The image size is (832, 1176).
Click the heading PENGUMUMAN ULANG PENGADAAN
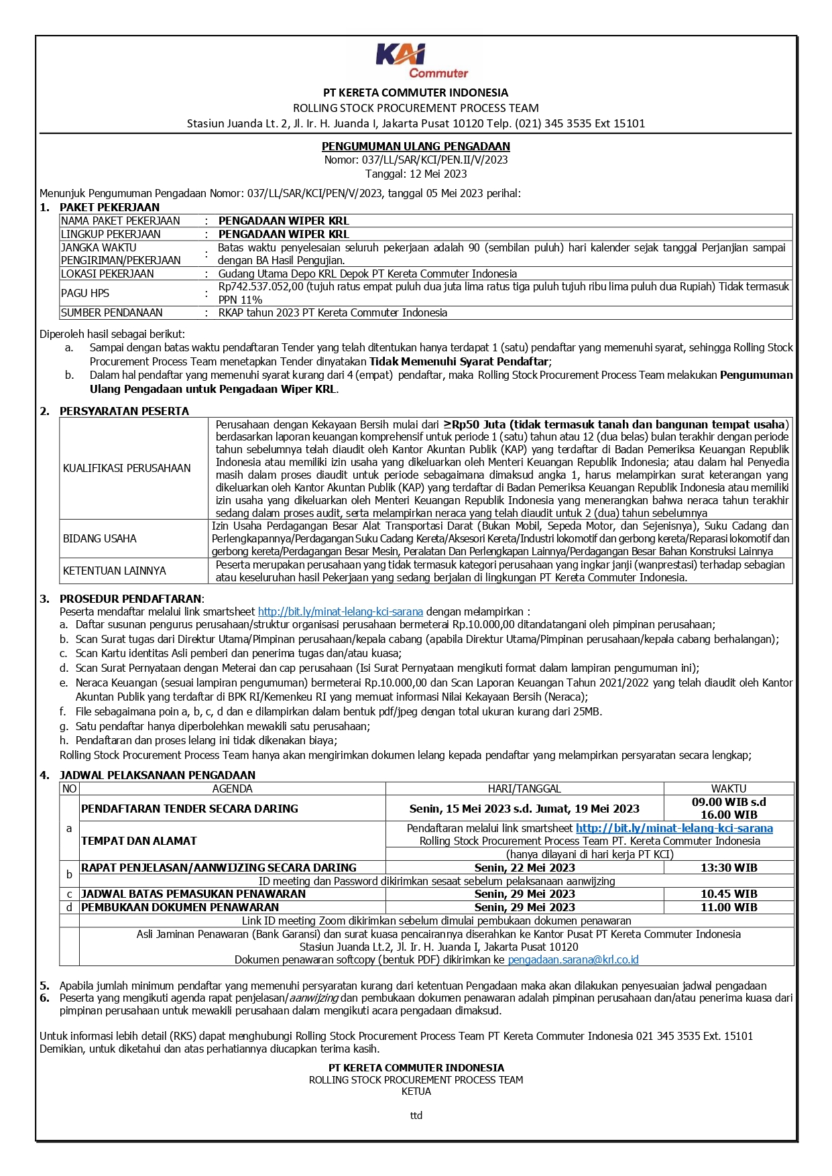coord(416,146)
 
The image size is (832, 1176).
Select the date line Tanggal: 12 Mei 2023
coord(416,174)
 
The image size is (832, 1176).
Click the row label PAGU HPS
coord(85,293)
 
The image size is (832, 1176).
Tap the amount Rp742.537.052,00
coord(261,286)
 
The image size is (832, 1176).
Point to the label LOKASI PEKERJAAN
coord(107,274)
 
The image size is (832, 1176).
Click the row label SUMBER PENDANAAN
coord(111,312)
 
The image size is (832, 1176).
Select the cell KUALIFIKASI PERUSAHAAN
coord(127,468)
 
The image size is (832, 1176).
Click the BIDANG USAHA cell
coord(100,538)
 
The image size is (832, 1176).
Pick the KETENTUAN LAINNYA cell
coord(115,571)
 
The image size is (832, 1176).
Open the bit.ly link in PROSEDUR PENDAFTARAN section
coord(340,611)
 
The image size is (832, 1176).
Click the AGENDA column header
coord(232,788)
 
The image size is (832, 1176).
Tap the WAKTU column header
coord(728,788)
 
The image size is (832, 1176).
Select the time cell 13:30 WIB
coord(728,868)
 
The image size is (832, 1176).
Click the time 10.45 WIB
coord(728,894)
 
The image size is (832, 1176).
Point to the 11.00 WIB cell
coord(728,907)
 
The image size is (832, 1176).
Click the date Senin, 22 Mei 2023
coord(524,868)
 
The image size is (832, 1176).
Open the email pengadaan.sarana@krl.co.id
coord(573,959)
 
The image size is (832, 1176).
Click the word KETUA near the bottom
coord(416,1091)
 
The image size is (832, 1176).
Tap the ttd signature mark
coord(416,1116)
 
